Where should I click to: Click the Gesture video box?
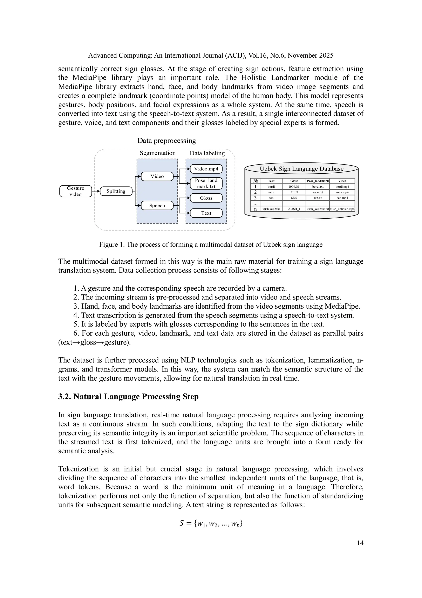click(75, 191)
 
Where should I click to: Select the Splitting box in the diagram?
click(116, 191)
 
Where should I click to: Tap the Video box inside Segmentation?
click(157, 176)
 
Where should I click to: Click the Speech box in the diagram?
click(157, 206)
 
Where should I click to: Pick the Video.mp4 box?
click(206, 169)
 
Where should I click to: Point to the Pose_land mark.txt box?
click(206, 183)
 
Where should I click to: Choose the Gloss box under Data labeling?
click(206, 198)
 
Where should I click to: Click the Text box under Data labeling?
click(206, 213)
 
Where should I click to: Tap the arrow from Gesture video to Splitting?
click(96, 191)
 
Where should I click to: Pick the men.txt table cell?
click(318, 192)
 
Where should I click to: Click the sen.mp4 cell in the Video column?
click(342, 198)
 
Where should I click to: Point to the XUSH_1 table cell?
click(294, 209)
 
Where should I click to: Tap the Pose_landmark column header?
click(318, 181)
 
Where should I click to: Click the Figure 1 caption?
click(211, 245)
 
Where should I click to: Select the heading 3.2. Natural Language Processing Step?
click(128, 397)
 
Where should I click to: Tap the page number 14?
click(360, 543)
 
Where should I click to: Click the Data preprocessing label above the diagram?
click(166, 141)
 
